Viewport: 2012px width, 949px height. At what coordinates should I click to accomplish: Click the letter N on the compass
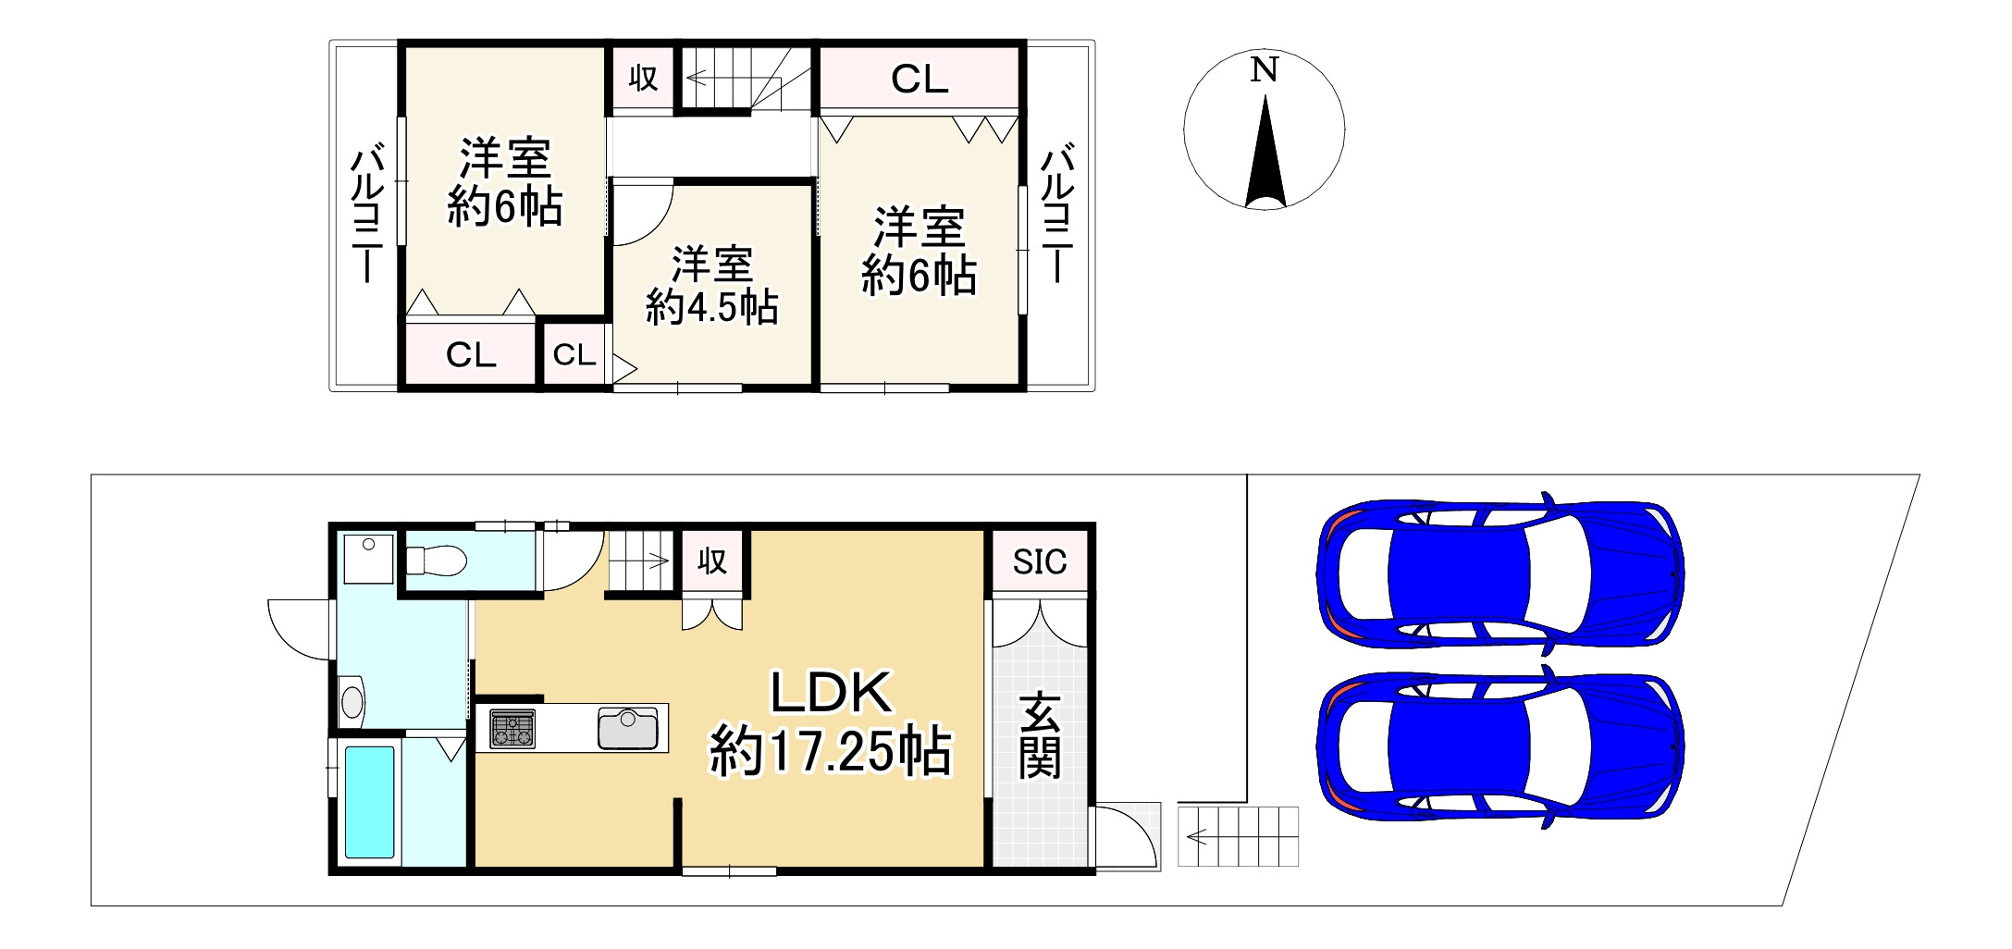coord(1264,70)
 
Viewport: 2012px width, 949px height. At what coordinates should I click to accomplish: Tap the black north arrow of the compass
coord(1265,157)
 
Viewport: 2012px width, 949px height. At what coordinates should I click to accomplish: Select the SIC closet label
coord(1039,561)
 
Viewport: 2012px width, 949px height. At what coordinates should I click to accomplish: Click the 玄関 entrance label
coord(1040,735)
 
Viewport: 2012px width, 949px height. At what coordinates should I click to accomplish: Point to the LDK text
coord(830,692)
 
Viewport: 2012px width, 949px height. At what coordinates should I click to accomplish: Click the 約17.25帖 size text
coord(830,752)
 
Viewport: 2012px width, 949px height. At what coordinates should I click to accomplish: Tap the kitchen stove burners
coord(512,728)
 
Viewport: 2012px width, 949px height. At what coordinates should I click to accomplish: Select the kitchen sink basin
coord(628,728)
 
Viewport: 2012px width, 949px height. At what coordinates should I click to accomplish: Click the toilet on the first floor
coord(438,560)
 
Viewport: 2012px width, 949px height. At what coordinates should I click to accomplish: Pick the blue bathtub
coord(369,802)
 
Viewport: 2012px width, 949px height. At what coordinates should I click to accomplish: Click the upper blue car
coord(1498,573)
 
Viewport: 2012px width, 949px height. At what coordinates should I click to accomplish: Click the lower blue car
coord(1498,746)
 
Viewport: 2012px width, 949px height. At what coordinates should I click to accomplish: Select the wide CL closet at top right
coord(919,80)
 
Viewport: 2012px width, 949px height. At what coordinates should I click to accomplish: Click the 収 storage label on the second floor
coord(643,79)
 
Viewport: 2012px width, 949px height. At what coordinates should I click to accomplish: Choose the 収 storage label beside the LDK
coord(711,561)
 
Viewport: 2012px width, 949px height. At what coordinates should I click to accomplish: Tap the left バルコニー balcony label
coord(367,213)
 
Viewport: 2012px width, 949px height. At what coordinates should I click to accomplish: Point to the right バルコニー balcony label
coord(1056,213)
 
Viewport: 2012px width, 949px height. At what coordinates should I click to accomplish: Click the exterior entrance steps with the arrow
coord(1238,837)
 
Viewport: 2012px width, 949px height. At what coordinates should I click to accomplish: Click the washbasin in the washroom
coord(352,701)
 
